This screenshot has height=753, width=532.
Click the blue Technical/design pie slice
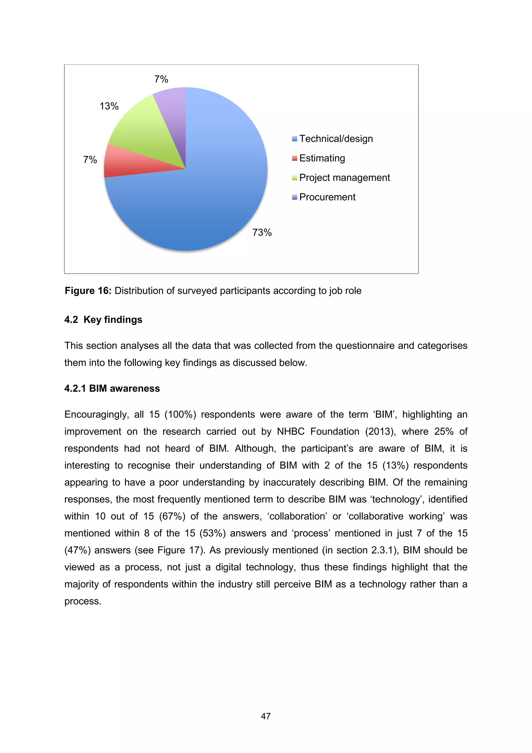click(210, 197)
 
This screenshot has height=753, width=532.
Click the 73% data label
click(262, 233)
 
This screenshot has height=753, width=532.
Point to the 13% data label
click(109, 106)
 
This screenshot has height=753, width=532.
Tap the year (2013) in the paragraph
click(381, 432)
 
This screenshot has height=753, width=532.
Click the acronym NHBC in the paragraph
click(291, 432)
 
